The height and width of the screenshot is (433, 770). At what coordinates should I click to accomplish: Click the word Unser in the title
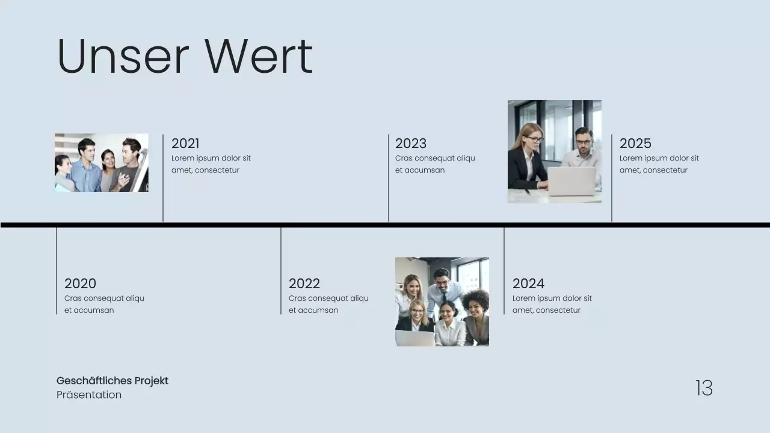(123, 57)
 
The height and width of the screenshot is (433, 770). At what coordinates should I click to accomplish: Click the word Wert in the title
(259, 57)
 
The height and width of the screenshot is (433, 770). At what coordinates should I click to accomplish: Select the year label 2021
(185, 143)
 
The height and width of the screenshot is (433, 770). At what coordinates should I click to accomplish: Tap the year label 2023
(411, 143)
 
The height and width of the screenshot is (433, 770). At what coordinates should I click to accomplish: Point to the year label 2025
(635, 143)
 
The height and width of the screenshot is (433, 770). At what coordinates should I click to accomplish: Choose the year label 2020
(80, 283)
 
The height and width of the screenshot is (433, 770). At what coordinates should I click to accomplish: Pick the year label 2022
(304, 283)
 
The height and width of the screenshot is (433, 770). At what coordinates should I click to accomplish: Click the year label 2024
(528, 283)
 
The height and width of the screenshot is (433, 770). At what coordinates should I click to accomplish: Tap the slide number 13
(704, 388)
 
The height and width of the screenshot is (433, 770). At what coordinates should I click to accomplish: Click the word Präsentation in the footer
(89, 395)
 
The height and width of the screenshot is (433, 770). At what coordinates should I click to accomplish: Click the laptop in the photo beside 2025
(571, 181)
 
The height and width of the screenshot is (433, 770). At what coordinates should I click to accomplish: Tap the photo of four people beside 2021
(102, 162)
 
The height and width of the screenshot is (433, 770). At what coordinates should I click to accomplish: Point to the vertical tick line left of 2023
(389, 178)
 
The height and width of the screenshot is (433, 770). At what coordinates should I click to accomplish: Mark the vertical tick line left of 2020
(57, 271)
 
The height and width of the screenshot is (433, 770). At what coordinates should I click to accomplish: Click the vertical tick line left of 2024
(504, 271)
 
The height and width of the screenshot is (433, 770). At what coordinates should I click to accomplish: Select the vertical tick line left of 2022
(281, 271)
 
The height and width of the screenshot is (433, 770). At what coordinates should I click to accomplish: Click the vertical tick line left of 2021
(163, 178)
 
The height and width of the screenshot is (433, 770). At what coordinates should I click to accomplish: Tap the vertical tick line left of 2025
(612, 178)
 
